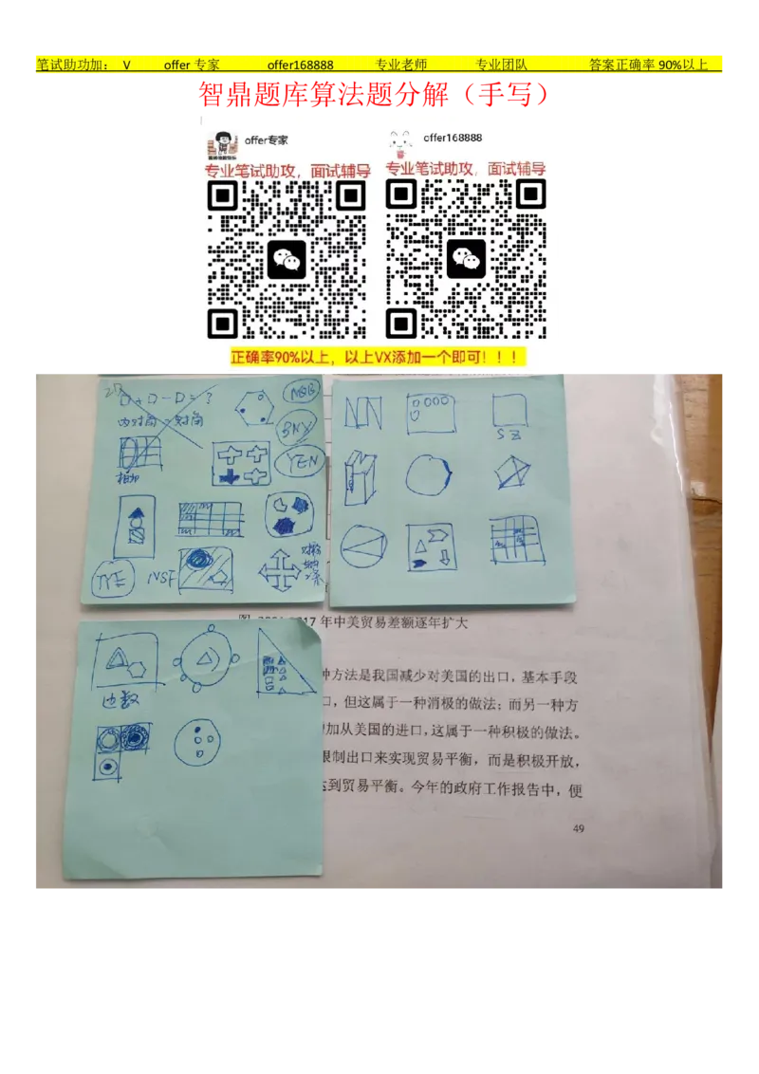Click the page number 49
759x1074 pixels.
[x=579, y=829]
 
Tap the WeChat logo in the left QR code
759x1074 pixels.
[x=287, y=260]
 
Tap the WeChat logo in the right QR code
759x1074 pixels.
[x=466, y=259]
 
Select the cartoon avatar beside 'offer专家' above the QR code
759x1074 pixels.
[x=224, y=145]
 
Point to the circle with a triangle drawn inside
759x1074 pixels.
[x=363, y=547]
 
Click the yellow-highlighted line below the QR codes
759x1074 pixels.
[x=378, y=358]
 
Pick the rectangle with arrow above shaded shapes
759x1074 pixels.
[x=135, y=524]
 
